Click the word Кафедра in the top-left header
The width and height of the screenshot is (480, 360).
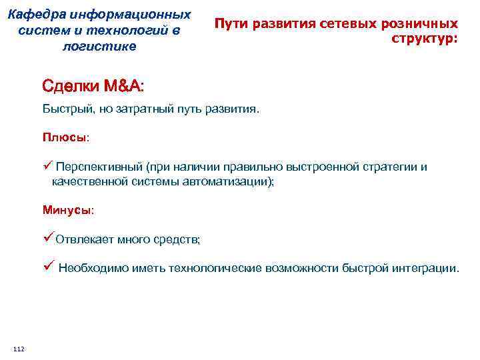click(41, 14)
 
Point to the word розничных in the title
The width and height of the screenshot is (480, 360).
click(421, 23)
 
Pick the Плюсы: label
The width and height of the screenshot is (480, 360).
click(65, 137)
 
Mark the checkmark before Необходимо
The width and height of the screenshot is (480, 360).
click(47, 268)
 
